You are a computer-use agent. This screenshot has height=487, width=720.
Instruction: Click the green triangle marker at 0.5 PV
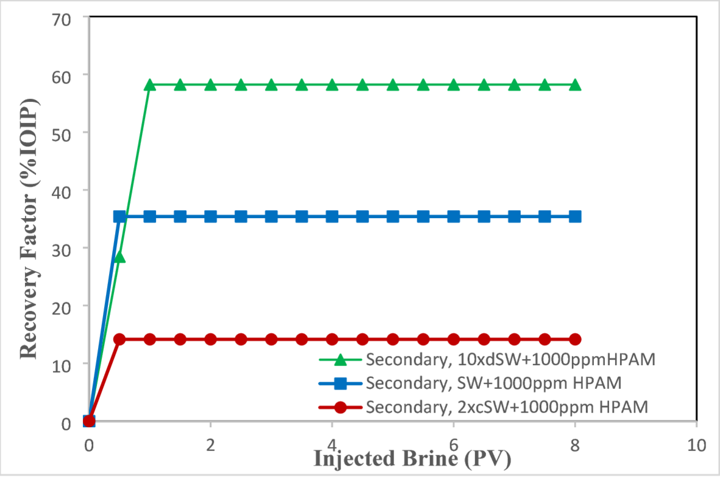tap(119, 257)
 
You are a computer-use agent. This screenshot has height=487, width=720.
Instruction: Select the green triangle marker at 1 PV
tap(150, 85)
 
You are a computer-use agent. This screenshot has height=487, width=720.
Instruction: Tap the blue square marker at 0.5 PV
tap(119, 216)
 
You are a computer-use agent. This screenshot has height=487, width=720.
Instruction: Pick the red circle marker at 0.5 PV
tap(119, 339)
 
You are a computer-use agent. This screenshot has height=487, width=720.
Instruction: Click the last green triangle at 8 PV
tap(575, 85)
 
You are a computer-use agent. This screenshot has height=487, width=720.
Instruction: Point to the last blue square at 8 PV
tap(575, 216)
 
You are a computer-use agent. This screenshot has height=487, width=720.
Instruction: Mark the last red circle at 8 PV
tap(575, 339)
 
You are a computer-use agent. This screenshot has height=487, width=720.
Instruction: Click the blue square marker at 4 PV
tap(332, 216)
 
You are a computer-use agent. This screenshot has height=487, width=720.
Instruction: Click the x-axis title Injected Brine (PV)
tap(412, 458)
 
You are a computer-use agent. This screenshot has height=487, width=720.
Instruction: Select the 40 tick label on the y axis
tap(61, 190)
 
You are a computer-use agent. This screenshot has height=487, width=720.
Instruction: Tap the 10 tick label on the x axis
tap(697, 444)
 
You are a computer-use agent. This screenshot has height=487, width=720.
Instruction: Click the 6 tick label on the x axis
tap(454, 444)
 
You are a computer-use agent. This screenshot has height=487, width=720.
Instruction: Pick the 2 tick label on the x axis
tap(211, 444)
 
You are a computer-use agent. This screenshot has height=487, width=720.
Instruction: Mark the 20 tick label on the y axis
tap(61, 306)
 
